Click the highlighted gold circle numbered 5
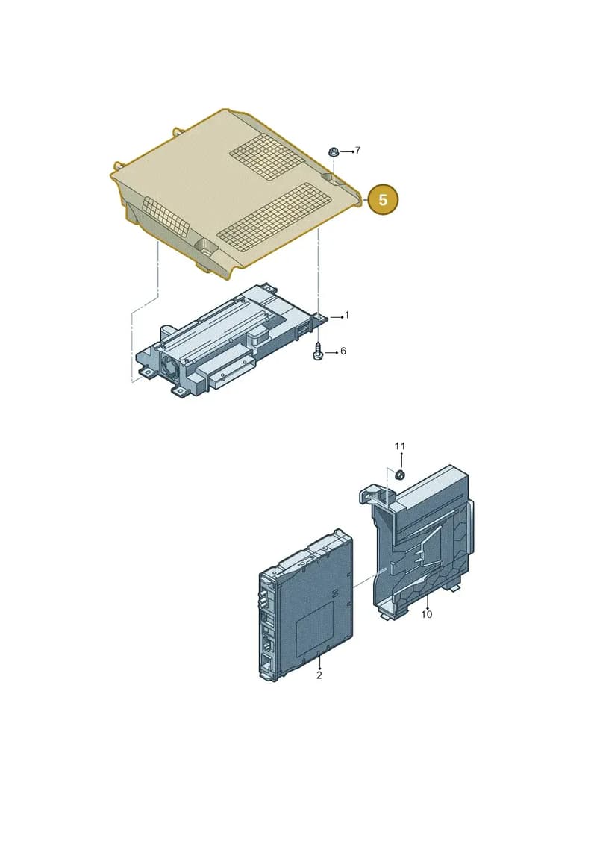[x=383, y=200]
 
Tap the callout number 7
[x=357, y=151]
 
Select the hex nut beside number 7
[x=334, y=152]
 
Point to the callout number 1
[x=347, y=315]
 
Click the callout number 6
[x=343, y=351]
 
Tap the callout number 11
[x=399, y=446]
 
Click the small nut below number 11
[x=400, y=474]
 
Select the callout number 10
[x=426, y=614]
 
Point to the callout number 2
[x=319, y=675]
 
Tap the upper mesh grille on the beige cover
[x=269, y=156]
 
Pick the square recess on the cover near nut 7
[x=330, y=178]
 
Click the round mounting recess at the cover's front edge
[x=206, y=248]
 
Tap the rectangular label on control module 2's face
[x=315, y=628]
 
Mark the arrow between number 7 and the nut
[x=346, y=151]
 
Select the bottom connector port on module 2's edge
[x=266, y=663]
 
